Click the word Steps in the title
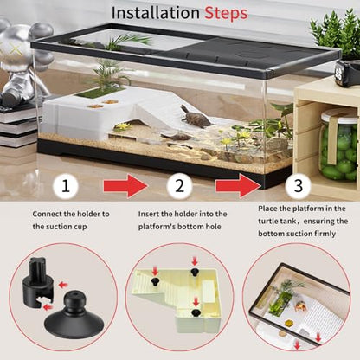click(226, 14)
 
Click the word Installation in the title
click(156, 13)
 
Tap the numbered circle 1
click(66, 186)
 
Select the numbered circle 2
click(179, 186)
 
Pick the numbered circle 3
click(298, 186)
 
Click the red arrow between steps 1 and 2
click(125, 185)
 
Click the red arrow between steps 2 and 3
click(238, 185)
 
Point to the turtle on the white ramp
click(196, 117)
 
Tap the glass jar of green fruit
click(340, 145)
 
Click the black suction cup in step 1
click(74, 315)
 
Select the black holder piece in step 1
click(37, 282)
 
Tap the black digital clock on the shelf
click(347, 73)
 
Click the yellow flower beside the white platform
click(124, 126)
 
